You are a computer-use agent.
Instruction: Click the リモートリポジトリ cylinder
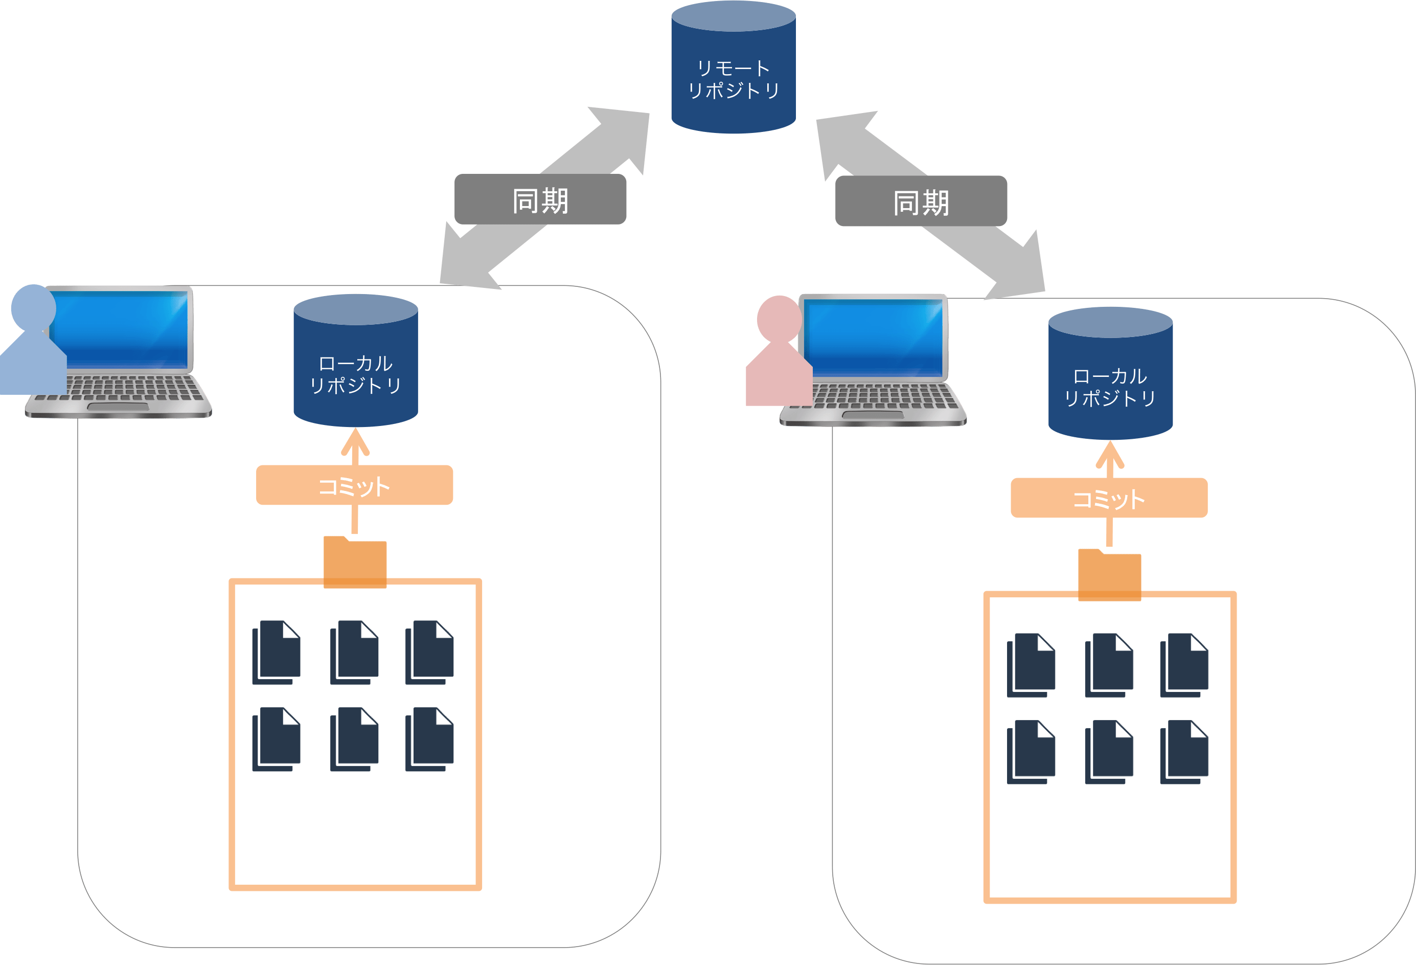click(733, 73)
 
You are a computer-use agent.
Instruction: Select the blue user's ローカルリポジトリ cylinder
click(355, 366)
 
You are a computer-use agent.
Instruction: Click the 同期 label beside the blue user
click(540, 199)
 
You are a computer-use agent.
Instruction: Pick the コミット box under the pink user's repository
click(1108, 498)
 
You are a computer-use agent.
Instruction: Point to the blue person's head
click(34, 307)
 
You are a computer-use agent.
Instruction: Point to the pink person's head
click(779, 318)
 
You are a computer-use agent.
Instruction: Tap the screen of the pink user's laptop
click(874, 339)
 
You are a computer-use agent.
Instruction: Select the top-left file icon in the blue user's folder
click(276, 652)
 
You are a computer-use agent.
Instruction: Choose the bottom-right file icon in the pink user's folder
click(1184, 752)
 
